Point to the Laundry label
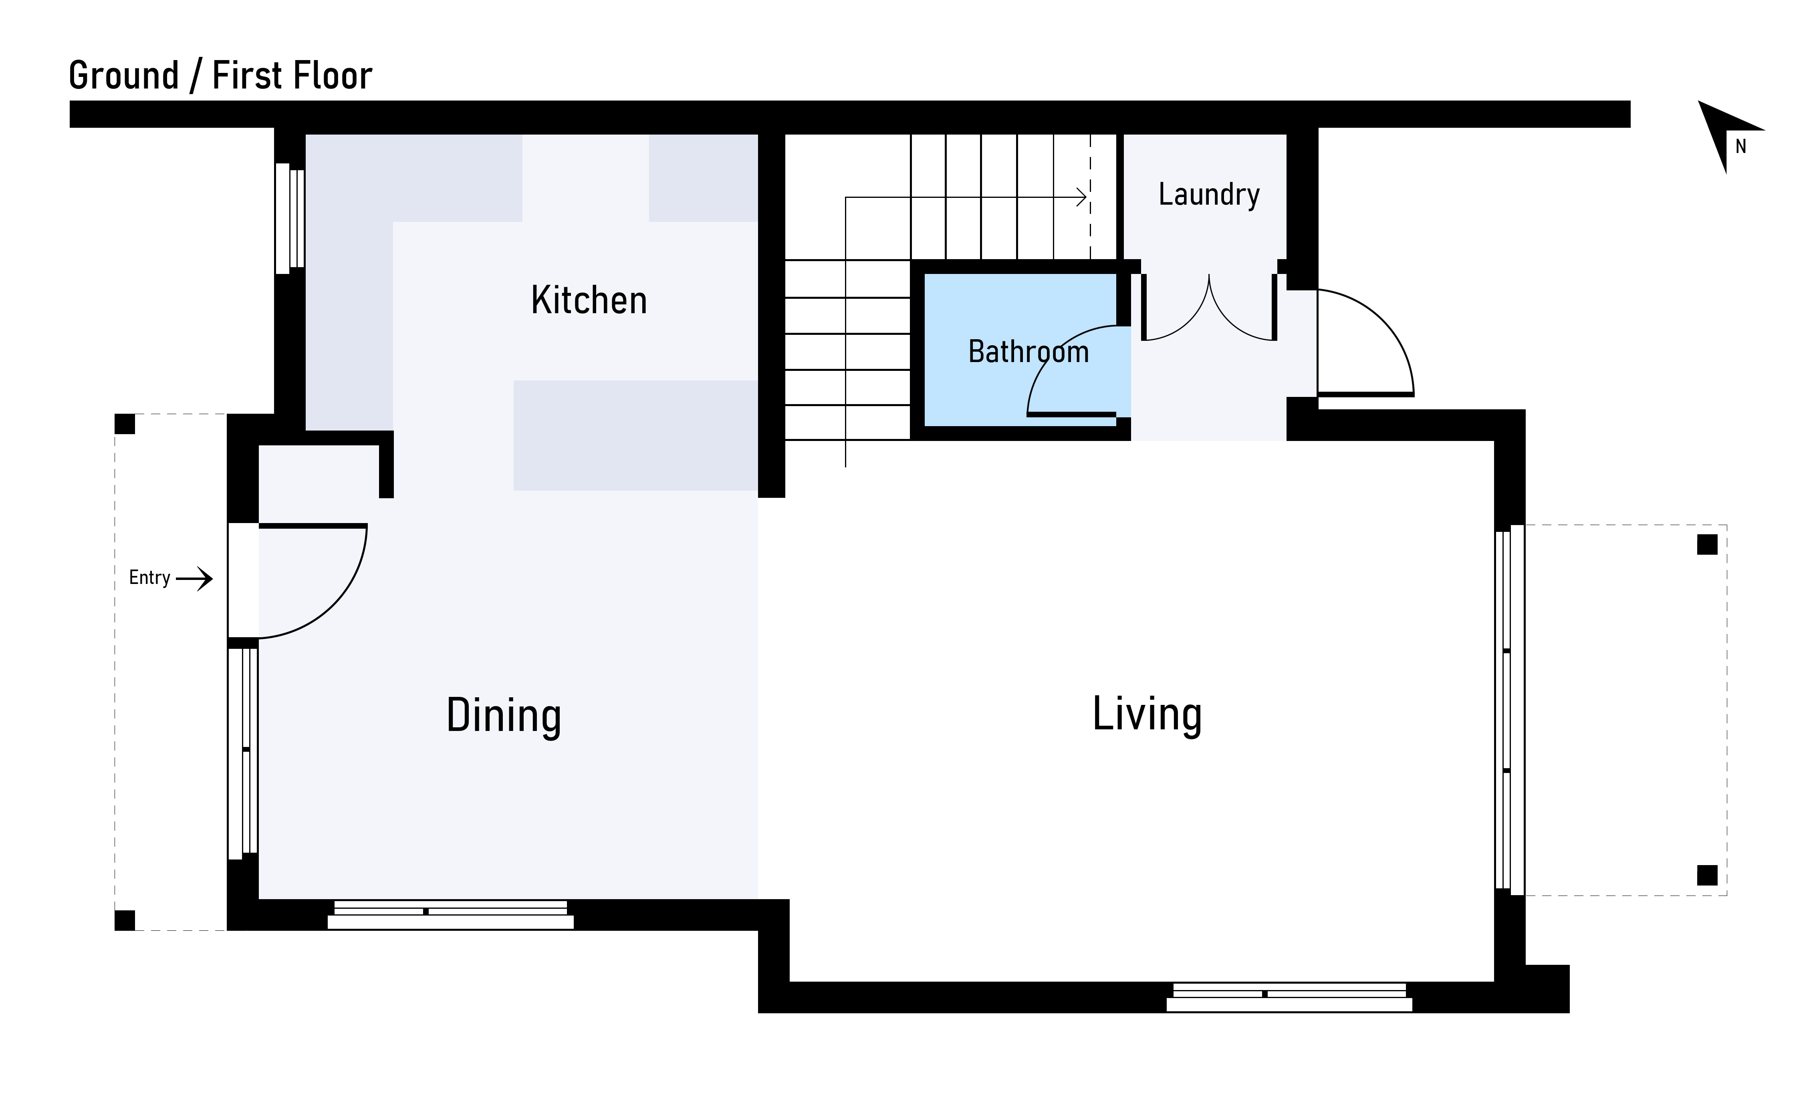coord(1209,195)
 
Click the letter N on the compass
coord(1741,147)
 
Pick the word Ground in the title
coord(124,76)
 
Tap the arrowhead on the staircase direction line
coord(1082,197)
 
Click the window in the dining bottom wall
coord(451,914)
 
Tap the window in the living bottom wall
coord(1289,997)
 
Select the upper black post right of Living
coord(1707,545)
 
